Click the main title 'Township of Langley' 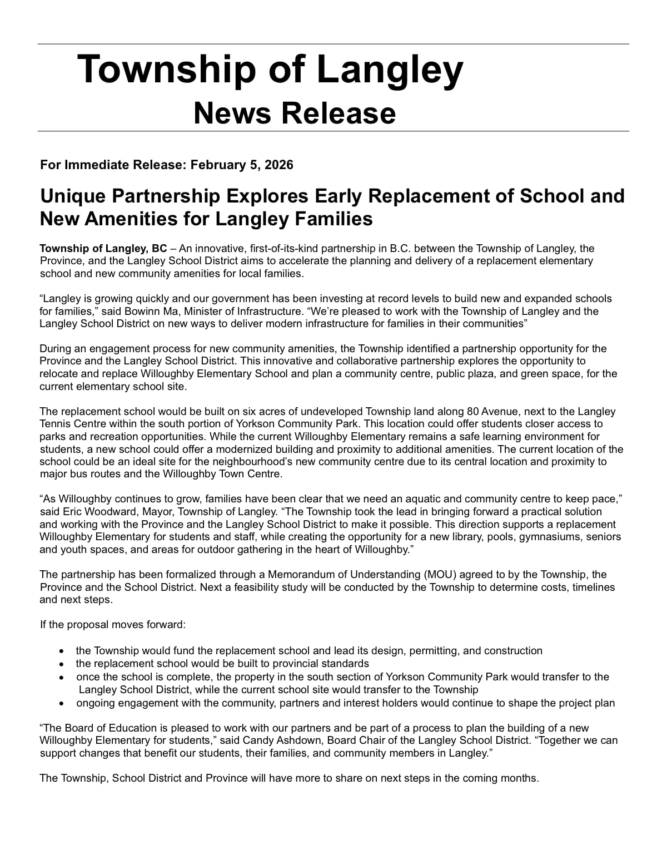click(x=270, y=70)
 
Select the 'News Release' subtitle click(x=295, y=113)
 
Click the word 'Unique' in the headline click(x=72, y=196)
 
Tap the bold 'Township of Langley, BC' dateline click(x=103, y=248)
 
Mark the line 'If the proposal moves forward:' click(x=113, y=624)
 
